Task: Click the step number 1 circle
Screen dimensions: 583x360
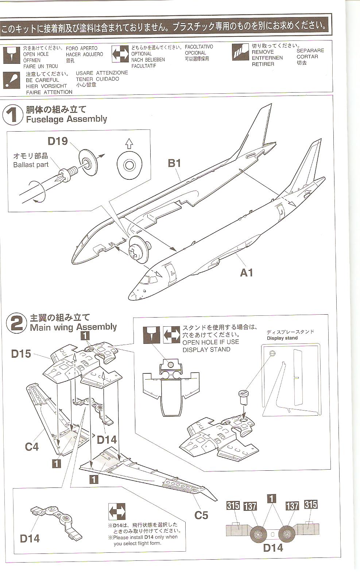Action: (x=13, y=115)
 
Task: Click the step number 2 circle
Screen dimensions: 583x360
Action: (x=17, y=323)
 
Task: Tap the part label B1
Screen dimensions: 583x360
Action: (x=174, y=163)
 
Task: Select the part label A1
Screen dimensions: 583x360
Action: (x=246, y=272)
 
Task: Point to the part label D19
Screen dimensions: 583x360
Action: (x=58, y=141)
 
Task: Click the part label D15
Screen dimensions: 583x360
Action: (x=21, y=353)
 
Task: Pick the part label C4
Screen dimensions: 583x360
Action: (x=32, y=446)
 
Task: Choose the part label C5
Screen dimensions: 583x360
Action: (x=201, y=515)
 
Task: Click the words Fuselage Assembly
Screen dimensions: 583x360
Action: (x=66, y=119)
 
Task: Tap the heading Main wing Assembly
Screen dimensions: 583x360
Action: (x=73, y=327)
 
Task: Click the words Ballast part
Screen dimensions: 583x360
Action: (x=31, y=165)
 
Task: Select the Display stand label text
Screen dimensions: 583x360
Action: (x=282, y=338)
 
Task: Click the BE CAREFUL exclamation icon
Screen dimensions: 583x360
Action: (x=12, y=80)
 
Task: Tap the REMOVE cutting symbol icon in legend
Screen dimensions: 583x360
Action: (x=240, y=52)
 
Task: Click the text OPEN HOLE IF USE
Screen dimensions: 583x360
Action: (x=210, y=342)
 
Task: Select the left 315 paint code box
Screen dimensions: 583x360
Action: (x=233, y=505)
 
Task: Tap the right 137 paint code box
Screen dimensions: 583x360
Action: (x=292, y=506)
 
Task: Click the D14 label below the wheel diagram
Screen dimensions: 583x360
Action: (x=273, y=547)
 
